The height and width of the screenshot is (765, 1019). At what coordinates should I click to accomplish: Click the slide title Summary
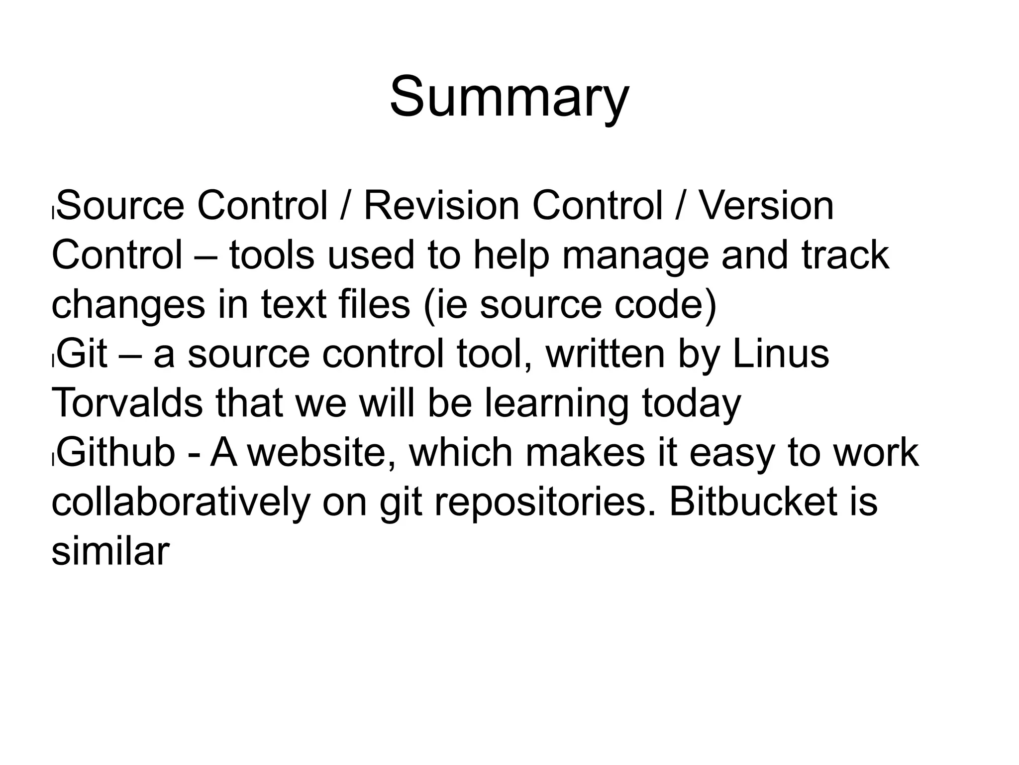(x=509, y=97)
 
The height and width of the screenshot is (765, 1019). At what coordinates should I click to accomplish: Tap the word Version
(x=767, y=206)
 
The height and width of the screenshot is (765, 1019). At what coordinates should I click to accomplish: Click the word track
(x=845, y=255)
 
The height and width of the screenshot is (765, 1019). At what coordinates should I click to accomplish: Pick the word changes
(x=128, y=305)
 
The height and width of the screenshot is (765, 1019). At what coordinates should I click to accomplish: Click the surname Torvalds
(x=127, y=403)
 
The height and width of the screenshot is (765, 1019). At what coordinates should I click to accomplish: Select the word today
(x=691, y=404)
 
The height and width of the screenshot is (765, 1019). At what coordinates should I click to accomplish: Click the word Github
(x=116, y=452)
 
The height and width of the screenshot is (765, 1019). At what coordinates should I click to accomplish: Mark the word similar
(x=110, y=551)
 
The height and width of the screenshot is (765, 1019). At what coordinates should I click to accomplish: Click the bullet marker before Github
(x=53, y=461)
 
